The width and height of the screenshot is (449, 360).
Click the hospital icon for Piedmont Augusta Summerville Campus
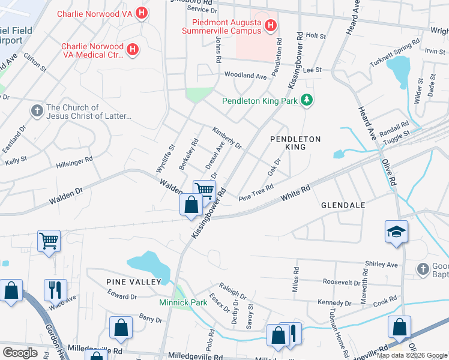(x=270, y=25)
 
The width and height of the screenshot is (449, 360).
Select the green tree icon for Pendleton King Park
(x=307, y=100)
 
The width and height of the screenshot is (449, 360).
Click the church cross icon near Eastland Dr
(x=37, y=111)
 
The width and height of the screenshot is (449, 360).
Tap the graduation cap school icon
(x=396, y=232)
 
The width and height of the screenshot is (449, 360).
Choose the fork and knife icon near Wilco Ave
(x=55, y=289)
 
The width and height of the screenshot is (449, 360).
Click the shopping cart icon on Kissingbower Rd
(x=204, y=191)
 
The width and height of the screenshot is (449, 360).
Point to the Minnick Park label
(x=183, y=302)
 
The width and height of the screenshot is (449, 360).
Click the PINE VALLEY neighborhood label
(x=134, y=281)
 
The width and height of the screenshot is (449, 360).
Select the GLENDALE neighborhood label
(x=343, y=205)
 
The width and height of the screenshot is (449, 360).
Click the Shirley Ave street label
(x=382, y=265)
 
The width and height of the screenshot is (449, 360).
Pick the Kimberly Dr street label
(x=226, y=137)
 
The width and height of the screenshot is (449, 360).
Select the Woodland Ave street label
(x=246, y=76)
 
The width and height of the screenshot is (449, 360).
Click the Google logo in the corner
(x=20, y=352)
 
